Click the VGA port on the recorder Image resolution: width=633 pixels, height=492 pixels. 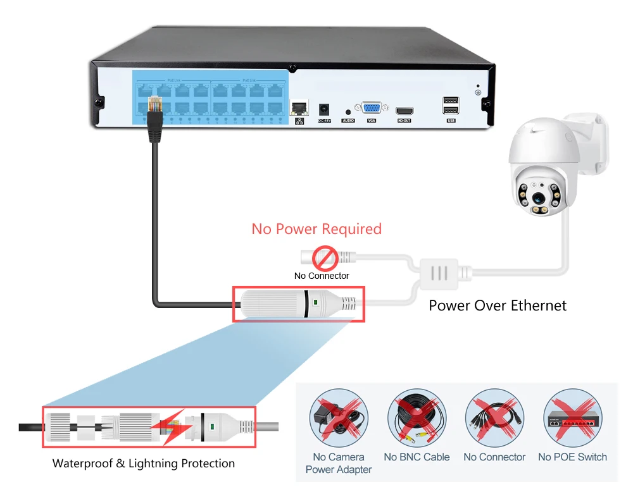click(371, 108)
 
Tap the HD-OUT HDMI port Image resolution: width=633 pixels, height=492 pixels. click(404, 110)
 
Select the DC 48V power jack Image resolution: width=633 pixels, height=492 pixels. click(324, 108)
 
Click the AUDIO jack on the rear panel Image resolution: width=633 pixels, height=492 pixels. click(348, 111)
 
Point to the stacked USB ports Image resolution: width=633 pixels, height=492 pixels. click(451, 105)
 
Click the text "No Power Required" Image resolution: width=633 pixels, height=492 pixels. click(316, 228)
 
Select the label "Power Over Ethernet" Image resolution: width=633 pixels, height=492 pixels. click(498, 305)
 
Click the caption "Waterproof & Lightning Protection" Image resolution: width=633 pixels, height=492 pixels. click(144, 464)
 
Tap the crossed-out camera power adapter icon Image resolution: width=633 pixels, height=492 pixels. click(338, 420)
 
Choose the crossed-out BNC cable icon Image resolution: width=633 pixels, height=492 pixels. click(417, 420)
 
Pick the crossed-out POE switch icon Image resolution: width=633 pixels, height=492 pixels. click(572, 420)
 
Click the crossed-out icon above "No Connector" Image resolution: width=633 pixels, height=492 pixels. click(494, 420)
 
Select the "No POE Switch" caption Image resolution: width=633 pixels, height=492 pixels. click(572, 457)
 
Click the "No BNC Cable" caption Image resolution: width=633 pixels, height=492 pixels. click(417, 457)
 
